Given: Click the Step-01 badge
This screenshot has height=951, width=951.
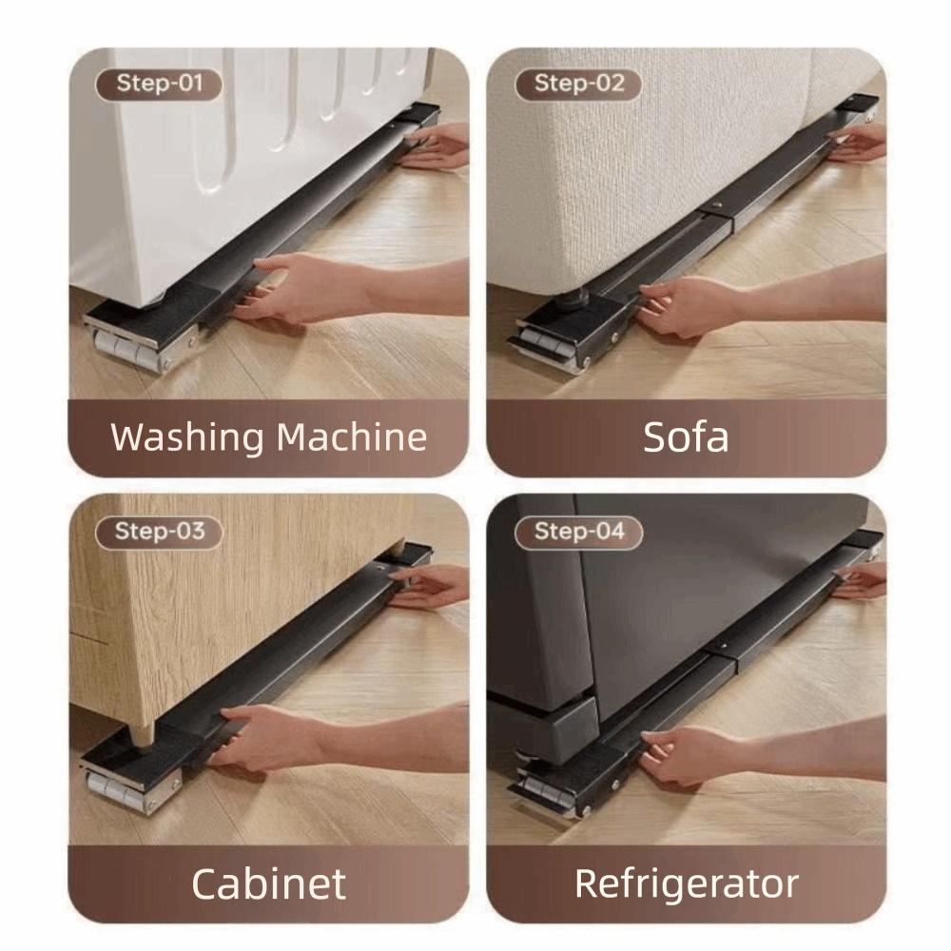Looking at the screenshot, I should pos(159,84).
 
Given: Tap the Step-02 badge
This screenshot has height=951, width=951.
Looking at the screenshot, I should pos(578,84).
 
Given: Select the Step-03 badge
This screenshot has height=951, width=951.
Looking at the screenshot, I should pos(159,531).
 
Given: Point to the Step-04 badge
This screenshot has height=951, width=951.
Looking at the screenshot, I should pos(578,531).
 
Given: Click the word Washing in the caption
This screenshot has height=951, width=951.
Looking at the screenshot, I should pos(186,437).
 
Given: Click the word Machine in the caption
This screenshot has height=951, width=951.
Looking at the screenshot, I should pos(352,437).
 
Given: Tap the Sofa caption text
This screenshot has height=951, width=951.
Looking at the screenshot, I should pos(686,437).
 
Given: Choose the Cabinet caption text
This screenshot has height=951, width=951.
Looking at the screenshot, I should pos(268,884).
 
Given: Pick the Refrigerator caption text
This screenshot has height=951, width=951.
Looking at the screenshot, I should pos(686,884).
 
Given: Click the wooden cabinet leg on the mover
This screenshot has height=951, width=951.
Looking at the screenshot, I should pos(143,734).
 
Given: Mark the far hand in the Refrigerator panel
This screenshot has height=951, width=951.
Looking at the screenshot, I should pos(861,580).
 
